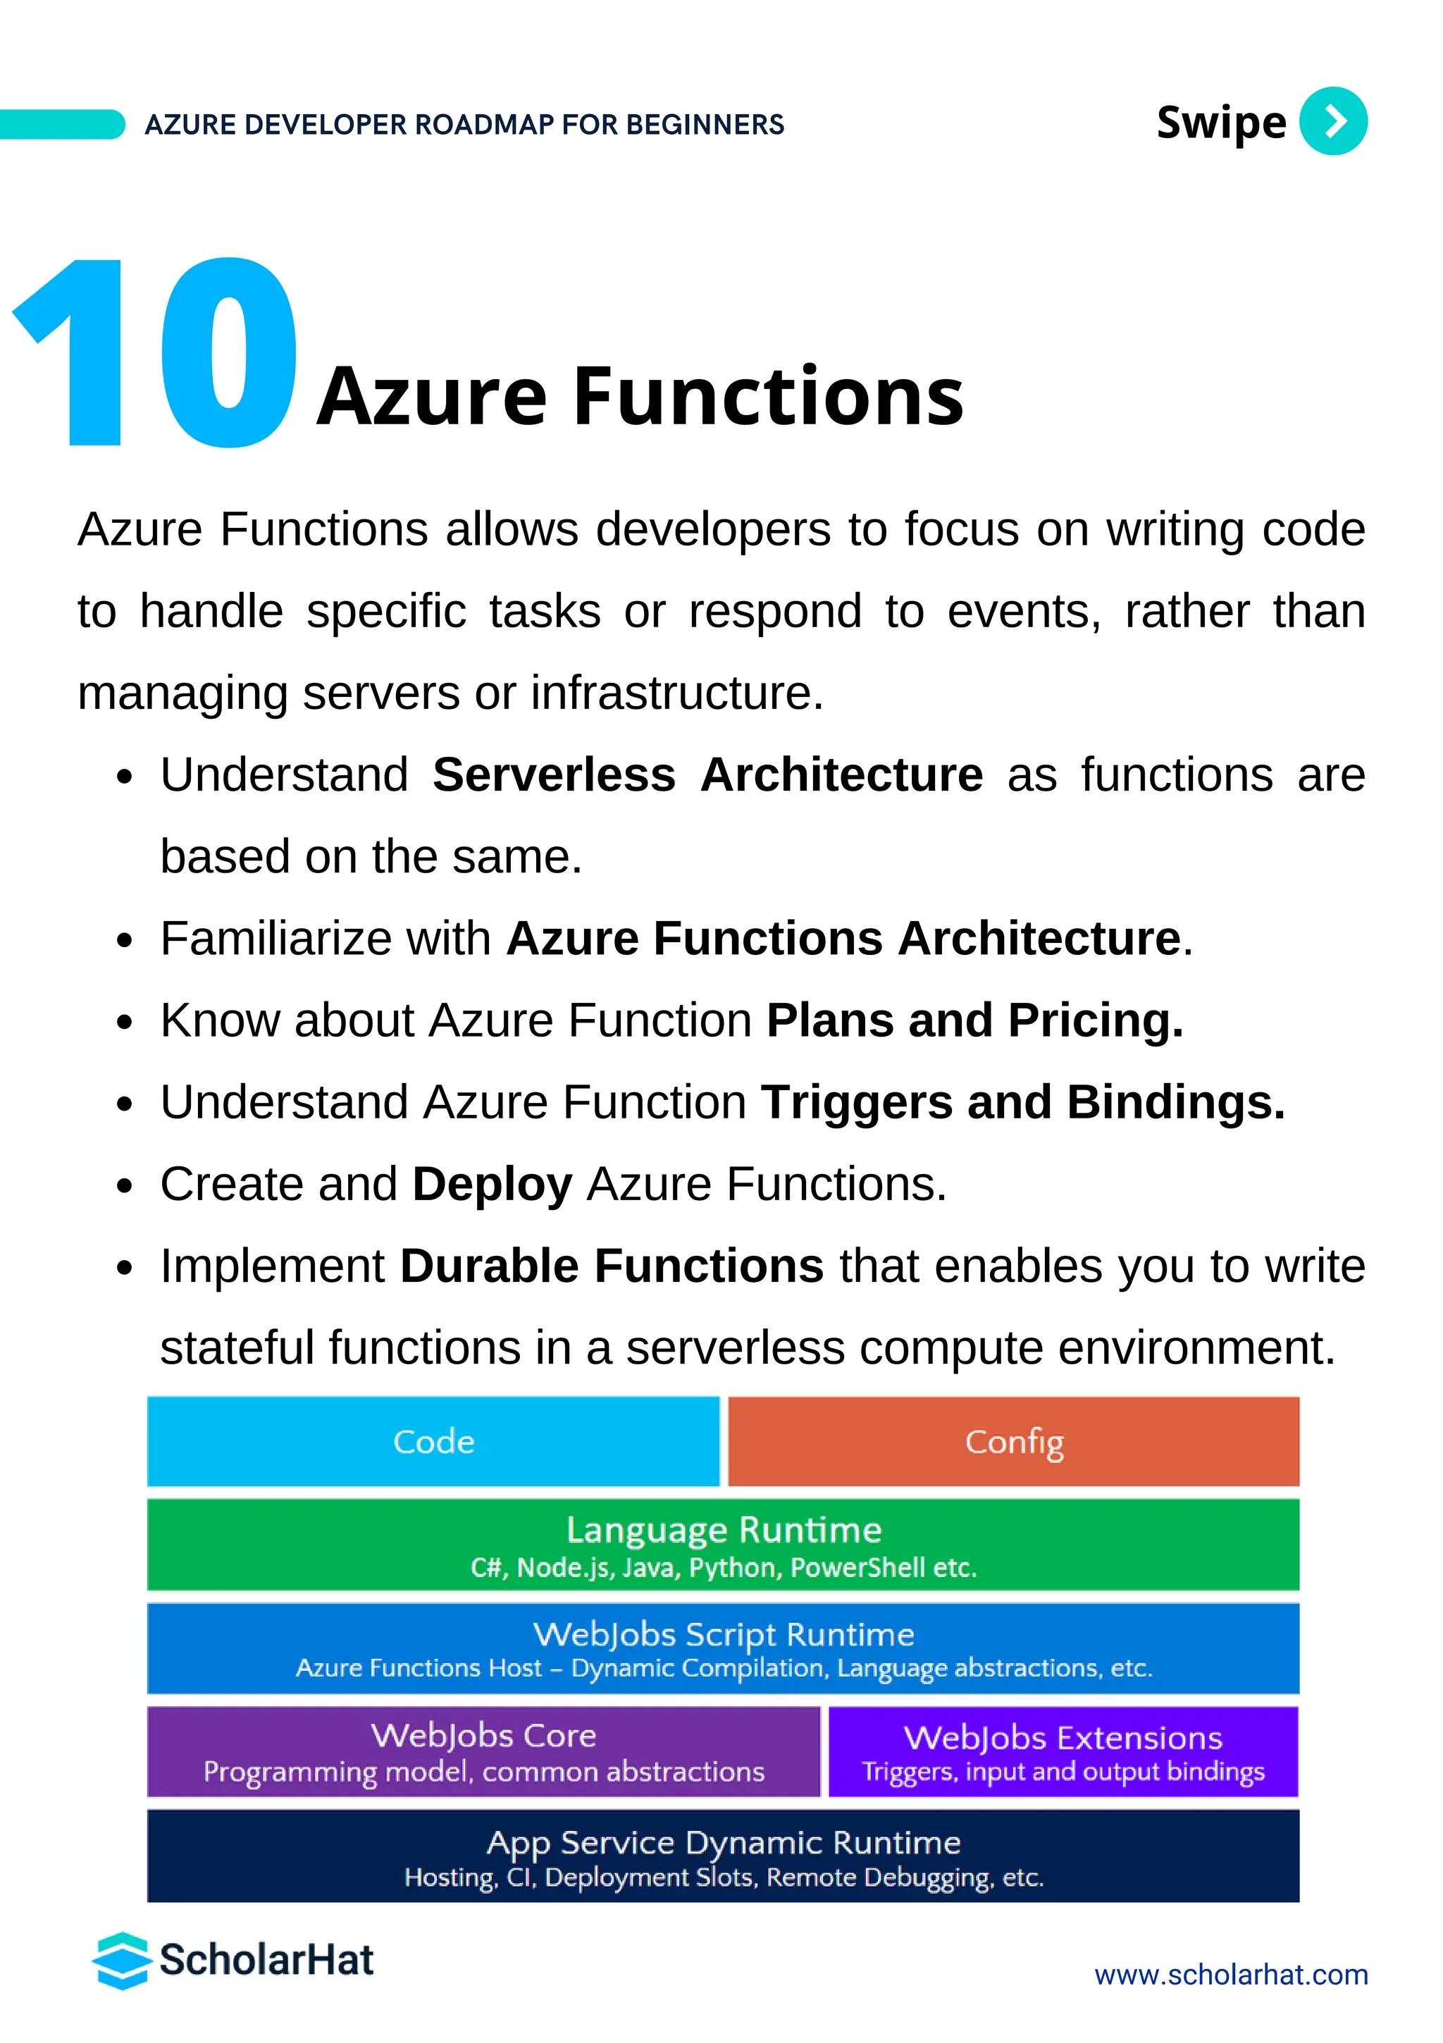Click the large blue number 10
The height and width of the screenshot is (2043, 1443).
coord(156,352)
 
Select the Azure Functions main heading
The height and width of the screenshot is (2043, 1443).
coord(640,396)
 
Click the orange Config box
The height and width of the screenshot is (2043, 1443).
coord(1013,1440)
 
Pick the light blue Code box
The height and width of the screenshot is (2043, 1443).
coord(433,1440)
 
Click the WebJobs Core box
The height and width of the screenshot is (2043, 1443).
coord(483,1751)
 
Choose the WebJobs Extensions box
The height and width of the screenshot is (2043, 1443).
coord(1063,1751)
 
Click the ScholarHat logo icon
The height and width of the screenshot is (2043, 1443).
coord(121,1961)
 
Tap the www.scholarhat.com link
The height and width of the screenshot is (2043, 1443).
coord(1230,1975)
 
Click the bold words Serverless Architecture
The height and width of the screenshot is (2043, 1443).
coord(707,774)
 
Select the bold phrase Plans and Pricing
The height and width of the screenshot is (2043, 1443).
coord(975,1020)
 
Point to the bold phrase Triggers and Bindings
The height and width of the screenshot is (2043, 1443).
coord(1023,1101)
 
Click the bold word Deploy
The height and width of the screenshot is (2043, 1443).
coord(492,1185)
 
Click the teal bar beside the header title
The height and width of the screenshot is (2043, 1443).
coord(61,125)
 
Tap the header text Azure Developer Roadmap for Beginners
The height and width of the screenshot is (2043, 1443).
coord(464,125)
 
